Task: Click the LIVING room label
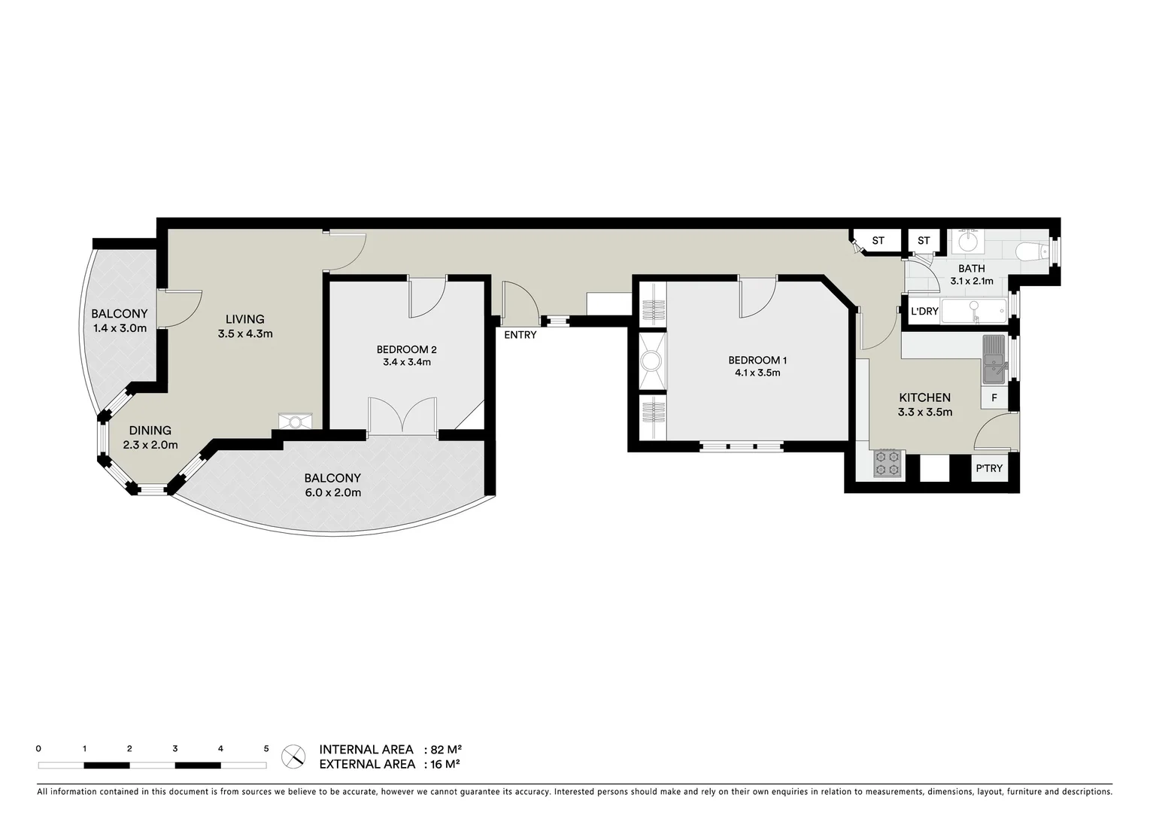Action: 244,319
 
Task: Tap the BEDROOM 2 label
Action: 406,349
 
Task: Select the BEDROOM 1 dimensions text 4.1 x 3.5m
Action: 757,373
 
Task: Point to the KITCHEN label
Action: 924,397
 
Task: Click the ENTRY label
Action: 520,335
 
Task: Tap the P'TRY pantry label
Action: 989,468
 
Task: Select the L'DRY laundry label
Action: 924,312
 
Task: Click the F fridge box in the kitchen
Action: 994,397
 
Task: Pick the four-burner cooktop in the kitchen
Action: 886,464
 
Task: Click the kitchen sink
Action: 994,360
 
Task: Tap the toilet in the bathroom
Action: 1030,251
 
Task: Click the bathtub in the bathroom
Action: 974,310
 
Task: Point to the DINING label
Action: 150,431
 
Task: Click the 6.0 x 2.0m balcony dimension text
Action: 332,493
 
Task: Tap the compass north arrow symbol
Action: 293,757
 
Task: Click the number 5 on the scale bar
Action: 266,749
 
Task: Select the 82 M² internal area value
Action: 445,750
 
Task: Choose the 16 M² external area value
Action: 444,765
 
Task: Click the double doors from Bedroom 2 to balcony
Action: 402,417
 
